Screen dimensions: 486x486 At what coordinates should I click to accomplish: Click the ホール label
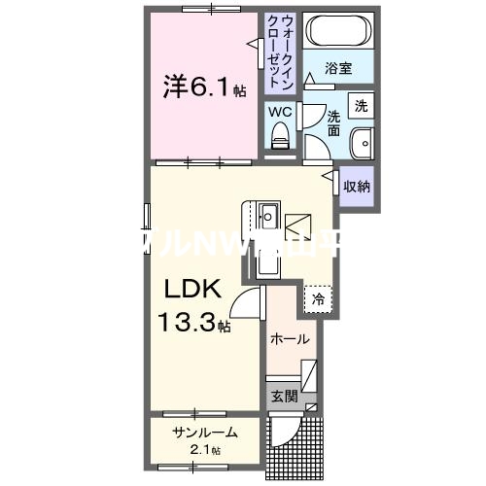(290, 339)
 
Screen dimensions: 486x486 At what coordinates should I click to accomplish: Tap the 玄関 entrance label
(284, 397)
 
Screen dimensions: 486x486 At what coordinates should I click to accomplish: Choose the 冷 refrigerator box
(318, 299)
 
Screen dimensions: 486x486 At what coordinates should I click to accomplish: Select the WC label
(280, 112)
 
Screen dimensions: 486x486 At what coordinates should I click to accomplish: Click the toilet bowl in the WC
(281, 140)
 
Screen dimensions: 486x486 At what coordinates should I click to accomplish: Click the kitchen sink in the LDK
(268, 215)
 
